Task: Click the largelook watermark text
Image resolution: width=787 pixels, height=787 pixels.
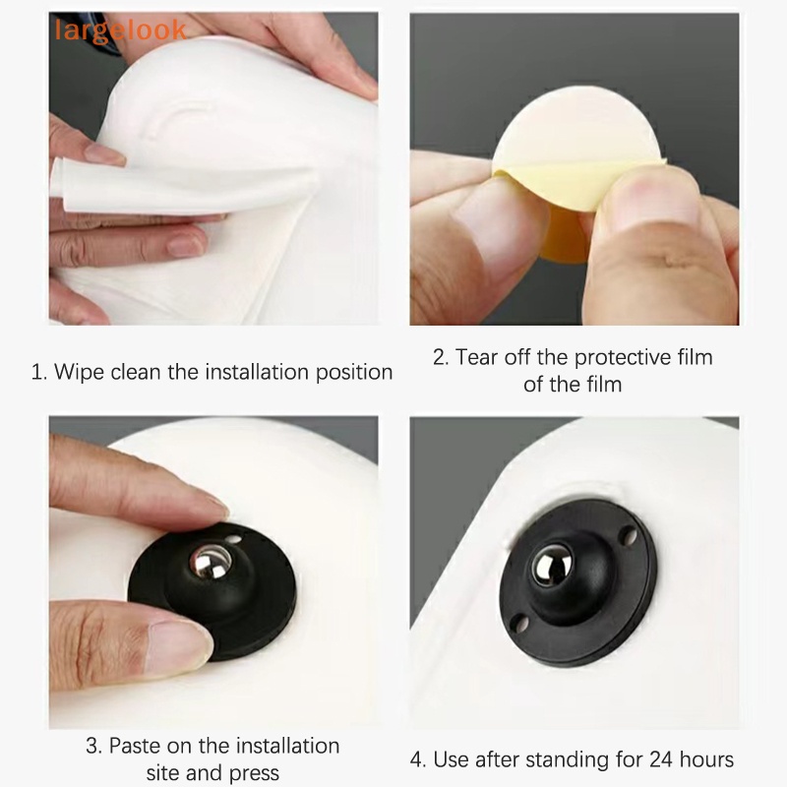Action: point(120,30)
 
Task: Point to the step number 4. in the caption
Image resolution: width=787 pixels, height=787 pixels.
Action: point(418,759)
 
